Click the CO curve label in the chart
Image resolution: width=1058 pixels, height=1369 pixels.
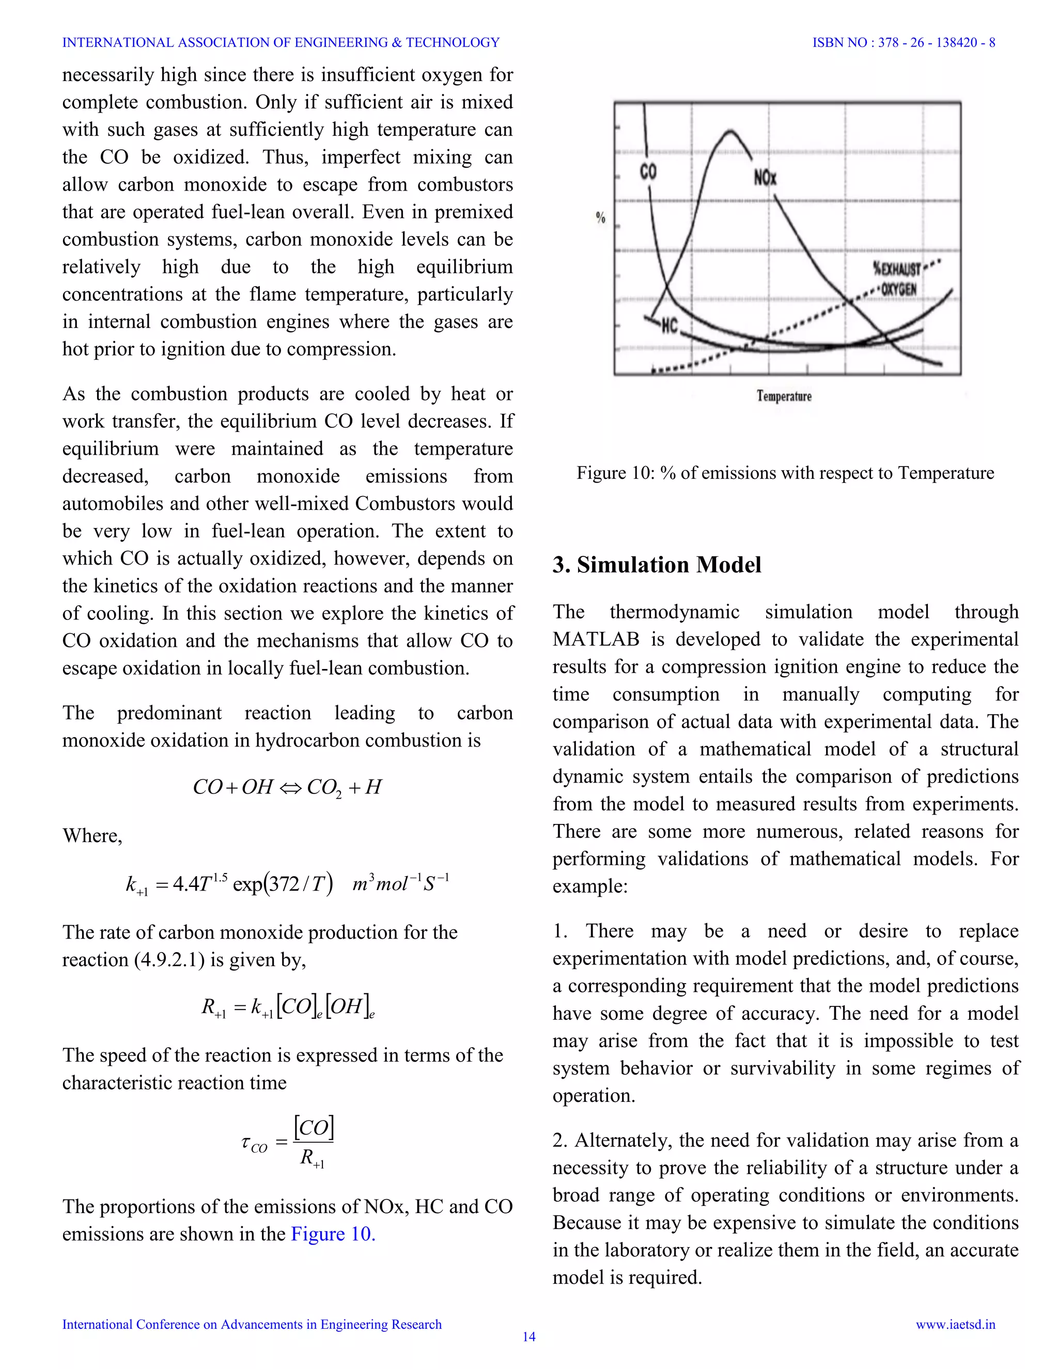[648, 171]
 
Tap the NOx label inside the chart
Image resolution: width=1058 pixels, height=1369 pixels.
[765, 178]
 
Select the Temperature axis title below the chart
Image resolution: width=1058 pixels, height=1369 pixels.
[784, 396]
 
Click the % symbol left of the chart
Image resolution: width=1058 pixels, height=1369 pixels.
[600, 217]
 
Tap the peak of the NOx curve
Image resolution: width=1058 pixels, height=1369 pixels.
[729, 131]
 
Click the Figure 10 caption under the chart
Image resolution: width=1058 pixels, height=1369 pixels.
[785, 473]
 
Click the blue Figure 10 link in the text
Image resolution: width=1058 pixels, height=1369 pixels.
[333, 1234]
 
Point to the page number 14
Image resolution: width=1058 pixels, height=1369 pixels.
[529, 1336]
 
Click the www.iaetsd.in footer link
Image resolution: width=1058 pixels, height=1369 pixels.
[955, 1324]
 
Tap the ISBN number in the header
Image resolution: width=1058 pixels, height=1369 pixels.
[904, 43]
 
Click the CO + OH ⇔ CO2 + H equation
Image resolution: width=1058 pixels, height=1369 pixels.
[287, 787]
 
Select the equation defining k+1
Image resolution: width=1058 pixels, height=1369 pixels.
[287, 884]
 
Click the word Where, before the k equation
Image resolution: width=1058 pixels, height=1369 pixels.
[92, 835]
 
